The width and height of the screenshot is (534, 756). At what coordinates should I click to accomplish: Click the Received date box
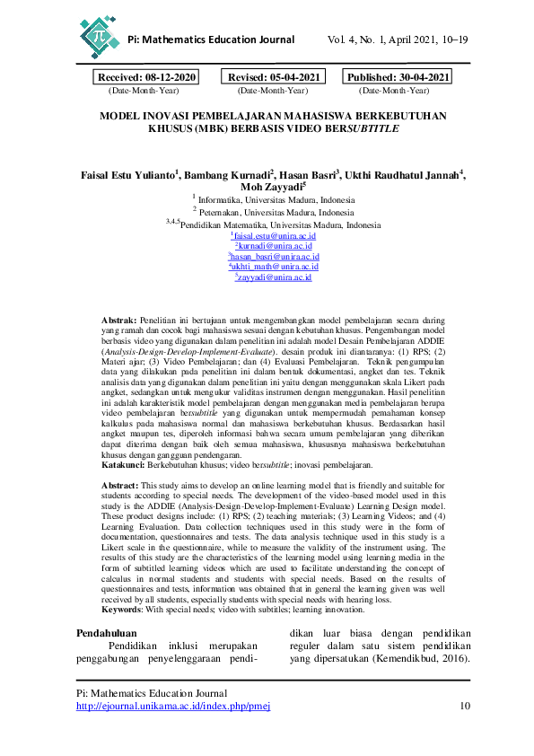146,78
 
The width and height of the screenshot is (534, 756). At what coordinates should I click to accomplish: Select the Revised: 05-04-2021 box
272,78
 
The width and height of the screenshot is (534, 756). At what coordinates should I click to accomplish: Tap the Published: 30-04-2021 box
398,78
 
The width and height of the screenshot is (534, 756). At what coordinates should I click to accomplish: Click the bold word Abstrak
118,320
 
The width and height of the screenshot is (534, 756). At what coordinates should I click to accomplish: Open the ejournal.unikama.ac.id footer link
173,706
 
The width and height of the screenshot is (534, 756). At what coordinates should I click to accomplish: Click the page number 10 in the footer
464,706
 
